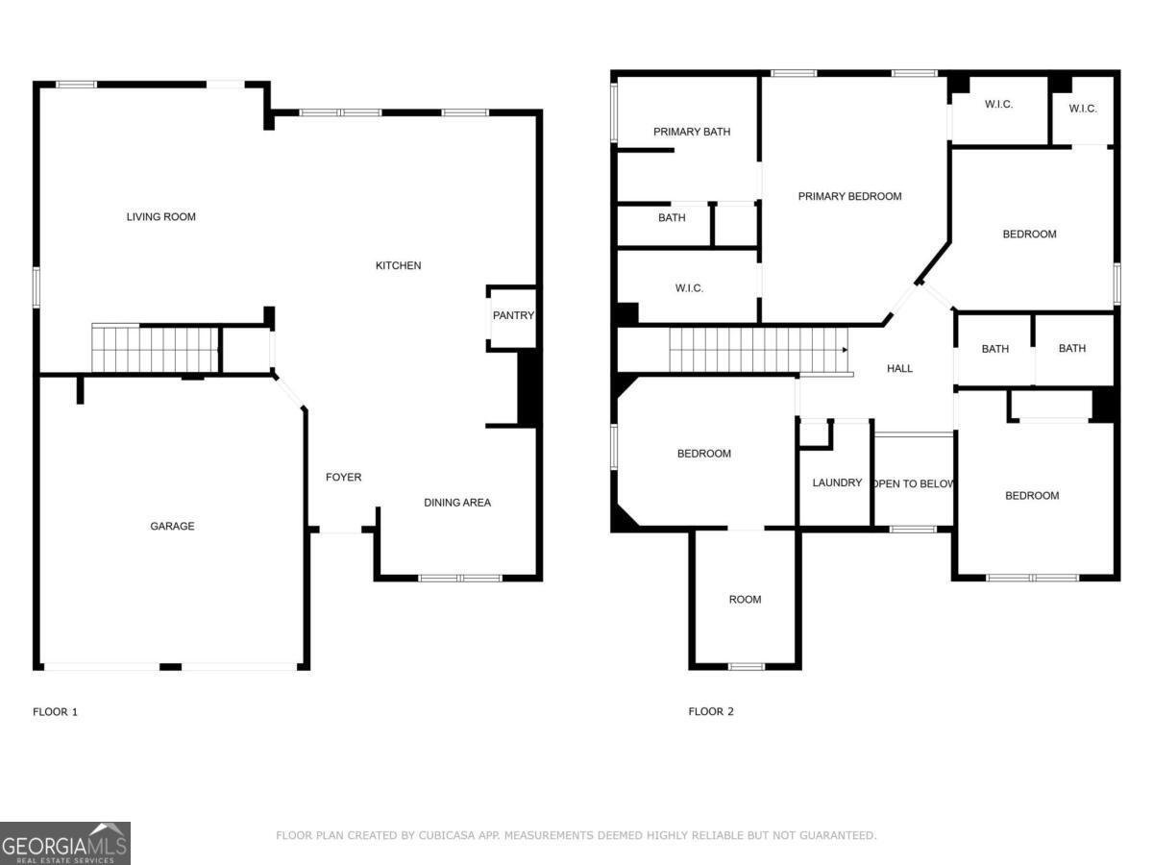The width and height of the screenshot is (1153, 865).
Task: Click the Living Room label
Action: [x=160, y=217]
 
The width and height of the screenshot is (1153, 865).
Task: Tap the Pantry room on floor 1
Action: [x=513, y=316]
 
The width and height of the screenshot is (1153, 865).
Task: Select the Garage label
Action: [x=172, y=527]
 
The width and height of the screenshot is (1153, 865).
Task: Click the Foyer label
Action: [x=343, y=478]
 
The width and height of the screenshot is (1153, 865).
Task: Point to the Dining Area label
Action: [x=457, y=503]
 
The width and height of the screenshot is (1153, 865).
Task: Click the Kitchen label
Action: [x=398, y=266]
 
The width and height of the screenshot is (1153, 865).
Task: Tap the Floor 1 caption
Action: [x=55, y=712]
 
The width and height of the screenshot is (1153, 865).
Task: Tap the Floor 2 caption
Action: [x=711, y=712]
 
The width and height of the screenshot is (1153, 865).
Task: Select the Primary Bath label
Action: [x=692, y=132]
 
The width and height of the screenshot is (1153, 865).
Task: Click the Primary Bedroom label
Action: [x=849, y=197]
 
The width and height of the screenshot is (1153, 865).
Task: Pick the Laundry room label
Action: [x=837, y=482]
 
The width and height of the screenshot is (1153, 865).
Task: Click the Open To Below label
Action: [x=913, y=483]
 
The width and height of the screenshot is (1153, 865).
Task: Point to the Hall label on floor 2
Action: [x=899, y=369]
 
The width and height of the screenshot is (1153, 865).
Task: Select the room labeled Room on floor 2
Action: [x=745, y=600]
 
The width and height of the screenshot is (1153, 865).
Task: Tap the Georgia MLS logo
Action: [x=65, y=843]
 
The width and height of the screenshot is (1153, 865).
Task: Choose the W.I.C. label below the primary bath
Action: [x=689, y=288]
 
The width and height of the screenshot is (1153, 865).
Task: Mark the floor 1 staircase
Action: [x=154, y=349]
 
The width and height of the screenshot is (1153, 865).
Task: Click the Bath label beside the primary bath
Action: [x=672, y=218]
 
